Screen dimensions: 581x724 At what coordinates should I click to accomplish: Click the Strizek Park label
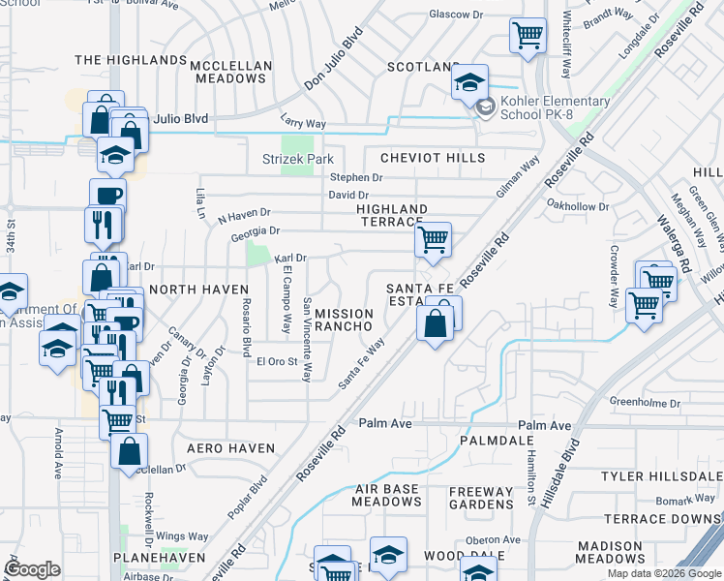pos(298,159)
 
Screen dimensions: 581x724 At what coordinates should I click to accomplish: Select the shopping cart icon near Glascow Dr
pos(528,37)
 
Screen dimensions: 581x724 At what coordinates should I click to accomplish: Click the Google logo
pos(32,569)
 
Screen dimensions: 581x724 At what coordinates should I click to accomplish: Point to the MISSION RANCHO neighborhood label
pos(344,321)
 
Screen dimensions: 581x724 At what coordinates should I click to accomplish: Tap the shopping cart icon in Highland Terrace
pos(433,239)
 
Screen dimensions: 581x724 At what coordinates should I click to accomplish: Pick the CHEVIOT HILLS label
pos(432,157)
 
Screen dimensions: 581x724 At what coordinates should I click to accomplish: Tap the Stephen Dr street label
pos(356,177)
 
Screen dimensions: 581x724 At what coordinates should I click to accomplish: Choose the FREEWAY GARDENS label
pos(481,498)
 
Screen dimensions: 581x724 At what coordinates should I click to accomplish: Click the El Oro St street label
pos(276,362)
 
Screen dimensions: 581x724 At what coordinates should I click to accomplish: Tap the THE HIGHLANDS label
pos(130,60)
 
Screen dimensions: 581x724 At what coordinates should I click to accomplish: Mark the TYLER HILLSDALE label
pos(662,476)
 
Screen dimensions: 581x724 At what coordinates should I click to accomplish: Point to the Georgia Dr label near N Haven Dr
pos(255,231)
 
